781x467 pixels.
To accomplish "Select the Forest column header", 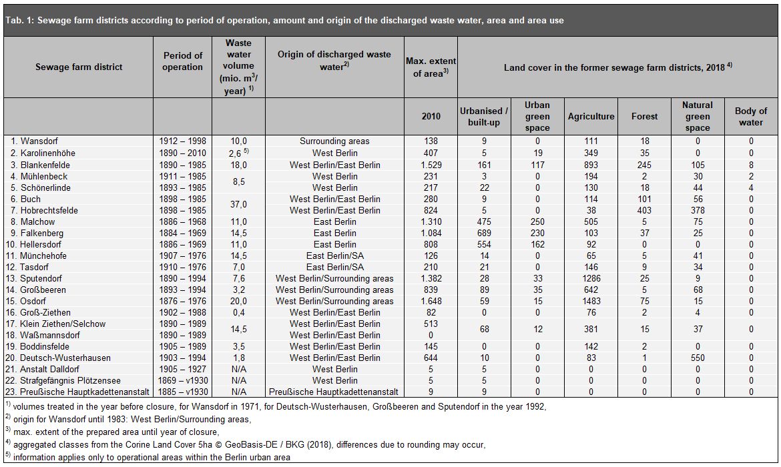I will (x=644, y=116).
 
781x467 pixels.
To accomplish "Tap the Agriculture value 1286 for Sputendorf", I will (x=591, y=278).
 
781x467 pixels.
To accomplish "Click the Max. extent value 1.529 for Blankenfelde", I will (x=431, y=165).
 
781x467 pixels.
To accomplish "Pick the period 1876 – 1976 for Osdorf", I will (x=182, y=301).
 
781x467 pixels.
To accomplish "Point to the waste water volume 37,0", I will (x=238, y=204).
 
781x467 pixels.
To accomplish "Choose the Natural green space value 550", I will (x=698, y=358).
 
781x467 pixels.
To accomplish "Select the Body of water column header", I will (x=750, y=116).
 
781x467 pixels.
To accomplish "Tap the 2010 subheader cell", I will (x=431, y=116).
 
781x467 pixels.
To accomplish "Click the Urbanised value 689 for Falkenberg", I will (x=485, y=233).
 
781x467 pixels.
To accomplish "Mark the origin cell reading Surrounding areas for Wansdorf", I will (x=334, y=141).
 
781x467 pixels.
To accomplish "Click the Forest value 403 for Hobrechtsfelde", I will (x=644, y=210).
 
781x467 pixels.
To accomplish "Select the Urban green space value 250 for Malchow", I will (x=537, y=221).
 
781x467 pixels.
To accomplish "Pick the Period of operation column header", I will (x=182, y=61).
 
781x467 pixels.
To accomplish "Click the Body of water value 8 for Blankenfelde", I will (x=750, y=165).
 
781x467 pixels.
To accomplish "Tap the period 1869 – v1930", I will (x=182, y=380).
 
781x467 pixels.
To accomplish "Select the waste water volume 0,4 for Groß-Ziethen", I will (x=238, y=312).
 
